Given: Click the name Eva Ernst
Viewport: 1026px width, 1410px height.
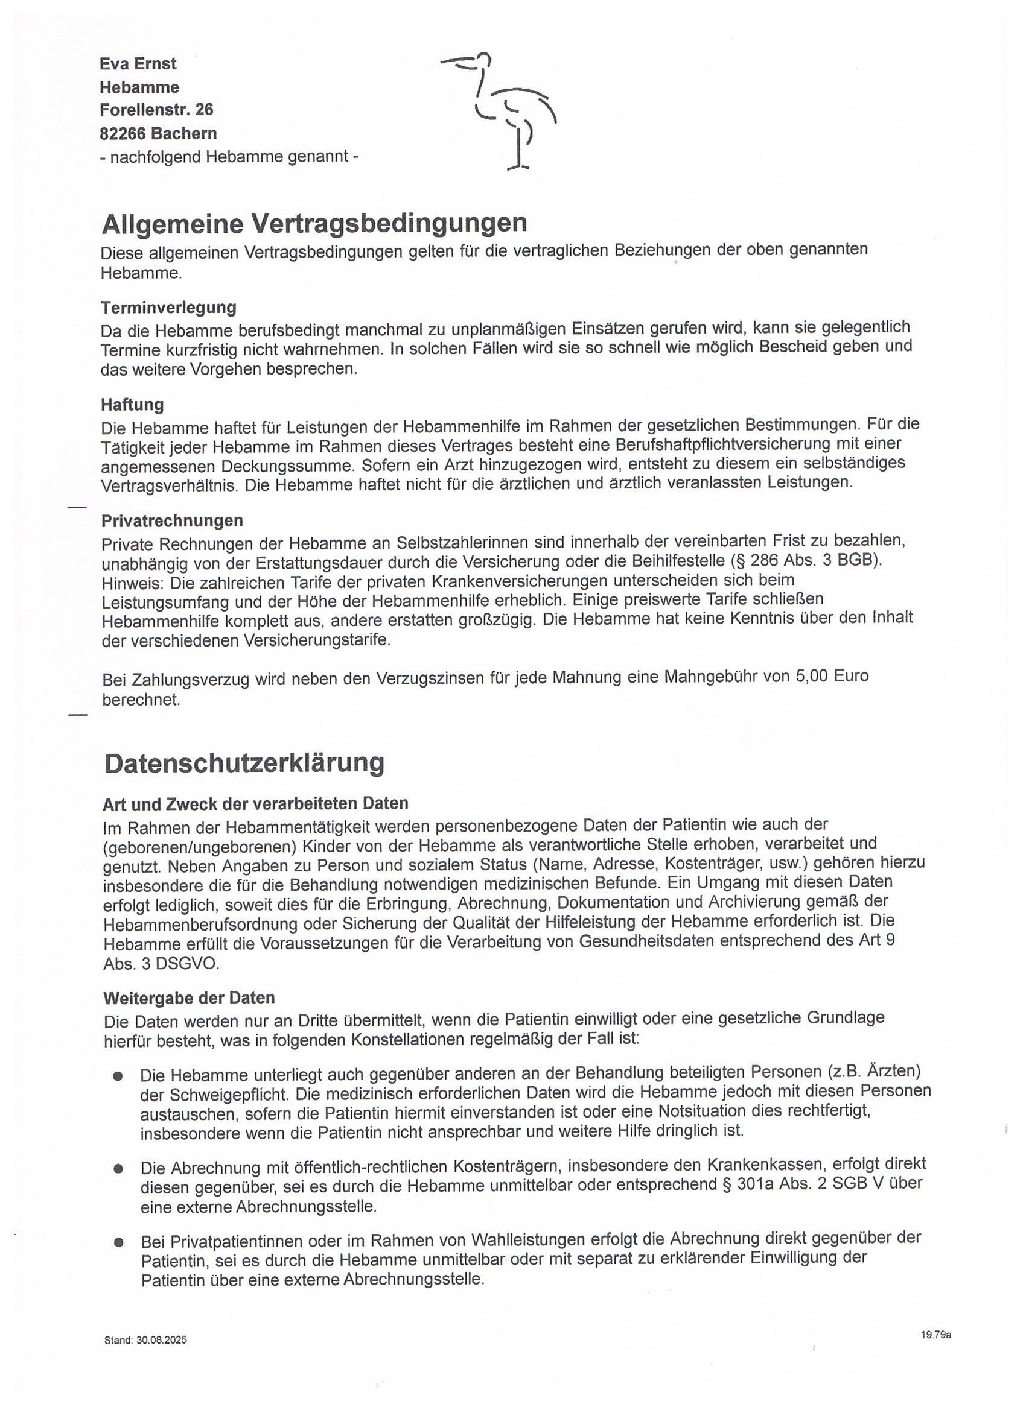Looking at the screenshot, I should [x=138, y=64].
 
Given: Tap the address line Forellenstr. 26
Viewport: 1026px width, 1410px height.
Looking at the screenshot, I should [x=156, y=110].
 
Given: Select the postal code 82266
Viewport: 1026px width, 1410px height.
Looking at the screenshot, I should [x=123, y=134].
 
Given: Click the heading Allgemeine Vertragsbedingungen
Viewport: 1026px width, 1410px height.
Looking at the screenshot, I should [x=314, y=223].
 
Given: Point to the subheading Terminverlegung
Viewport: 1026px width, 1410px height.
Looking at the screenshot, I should [x=168, y=308].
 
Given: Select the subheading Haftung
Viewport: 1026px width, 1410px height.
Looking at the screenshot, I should [x=133, y=405].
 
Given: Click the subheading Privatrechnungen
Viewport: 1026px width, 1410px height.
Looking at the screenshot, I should [x=173, y=520].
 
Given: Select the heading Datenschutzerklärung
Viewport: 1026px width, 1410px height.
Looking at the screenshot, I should [x=244, y=763].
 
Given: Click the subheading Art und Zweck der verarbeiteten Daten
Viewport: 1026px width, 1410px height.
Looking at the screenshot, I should [x=256, y=803].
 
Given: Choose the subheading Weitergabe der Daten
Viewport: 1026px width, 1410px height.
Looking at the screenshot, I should [x=189, y=998].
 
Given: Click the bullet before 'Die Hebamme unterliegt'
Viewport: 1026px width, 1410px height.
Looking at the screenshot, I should [x=118, y=1076].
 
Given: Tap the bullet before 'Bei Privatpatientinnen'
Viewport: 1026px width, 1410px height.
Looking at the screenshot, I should [x=118, y=1242].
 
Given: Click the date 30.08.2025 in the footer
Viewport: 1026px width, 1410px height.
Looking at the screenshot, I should [x=162, y=1341].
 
